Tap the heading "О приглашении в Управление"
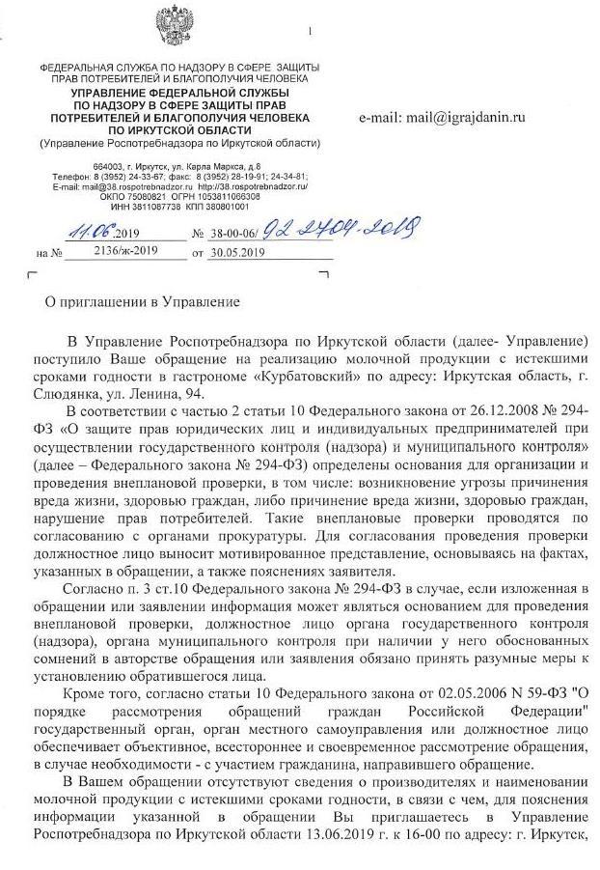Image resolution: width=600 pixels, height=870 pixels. (x=144, y=301)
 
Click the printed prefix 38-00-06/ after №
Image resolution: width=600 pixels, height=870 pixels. (x=231, y=233)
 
